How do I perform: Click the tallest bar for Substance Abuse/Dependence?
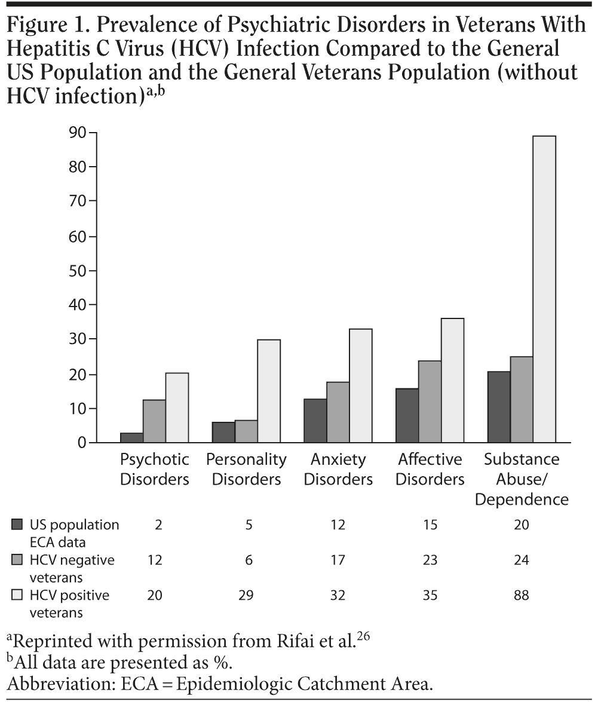tap(544, 289)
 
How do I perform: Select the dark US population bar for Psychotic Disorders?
tap(131, 437)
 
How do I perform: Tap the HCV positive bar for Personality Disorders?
tap(269, 391)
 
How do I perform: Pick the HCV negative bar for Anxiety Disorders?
tap(338, 412)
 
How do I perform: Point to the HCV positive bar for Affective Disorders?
tap(452, 381)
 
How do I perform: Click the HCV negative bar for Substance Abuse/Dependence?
tap(522, 399)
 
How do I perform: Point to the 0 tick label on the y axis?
tap(82, 443)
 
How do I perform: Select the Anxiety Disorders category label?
tap(338, 469)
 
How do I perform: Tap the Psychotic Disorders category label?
tap(155, 469)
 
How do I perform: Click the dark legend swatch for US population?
tap(17, 525)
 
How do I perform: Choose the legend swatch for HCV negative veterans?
tap(17, 560)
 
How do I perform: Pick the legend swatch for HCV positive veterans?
tap(17, 596)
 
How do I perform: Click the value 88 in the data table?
tap(522, 595)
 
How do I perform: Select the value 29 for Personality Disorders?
tap(246, 595)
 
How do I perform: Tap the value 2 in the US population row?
tap(158, 525)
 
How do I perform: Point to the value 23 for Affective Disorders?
tap(430, 560)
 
